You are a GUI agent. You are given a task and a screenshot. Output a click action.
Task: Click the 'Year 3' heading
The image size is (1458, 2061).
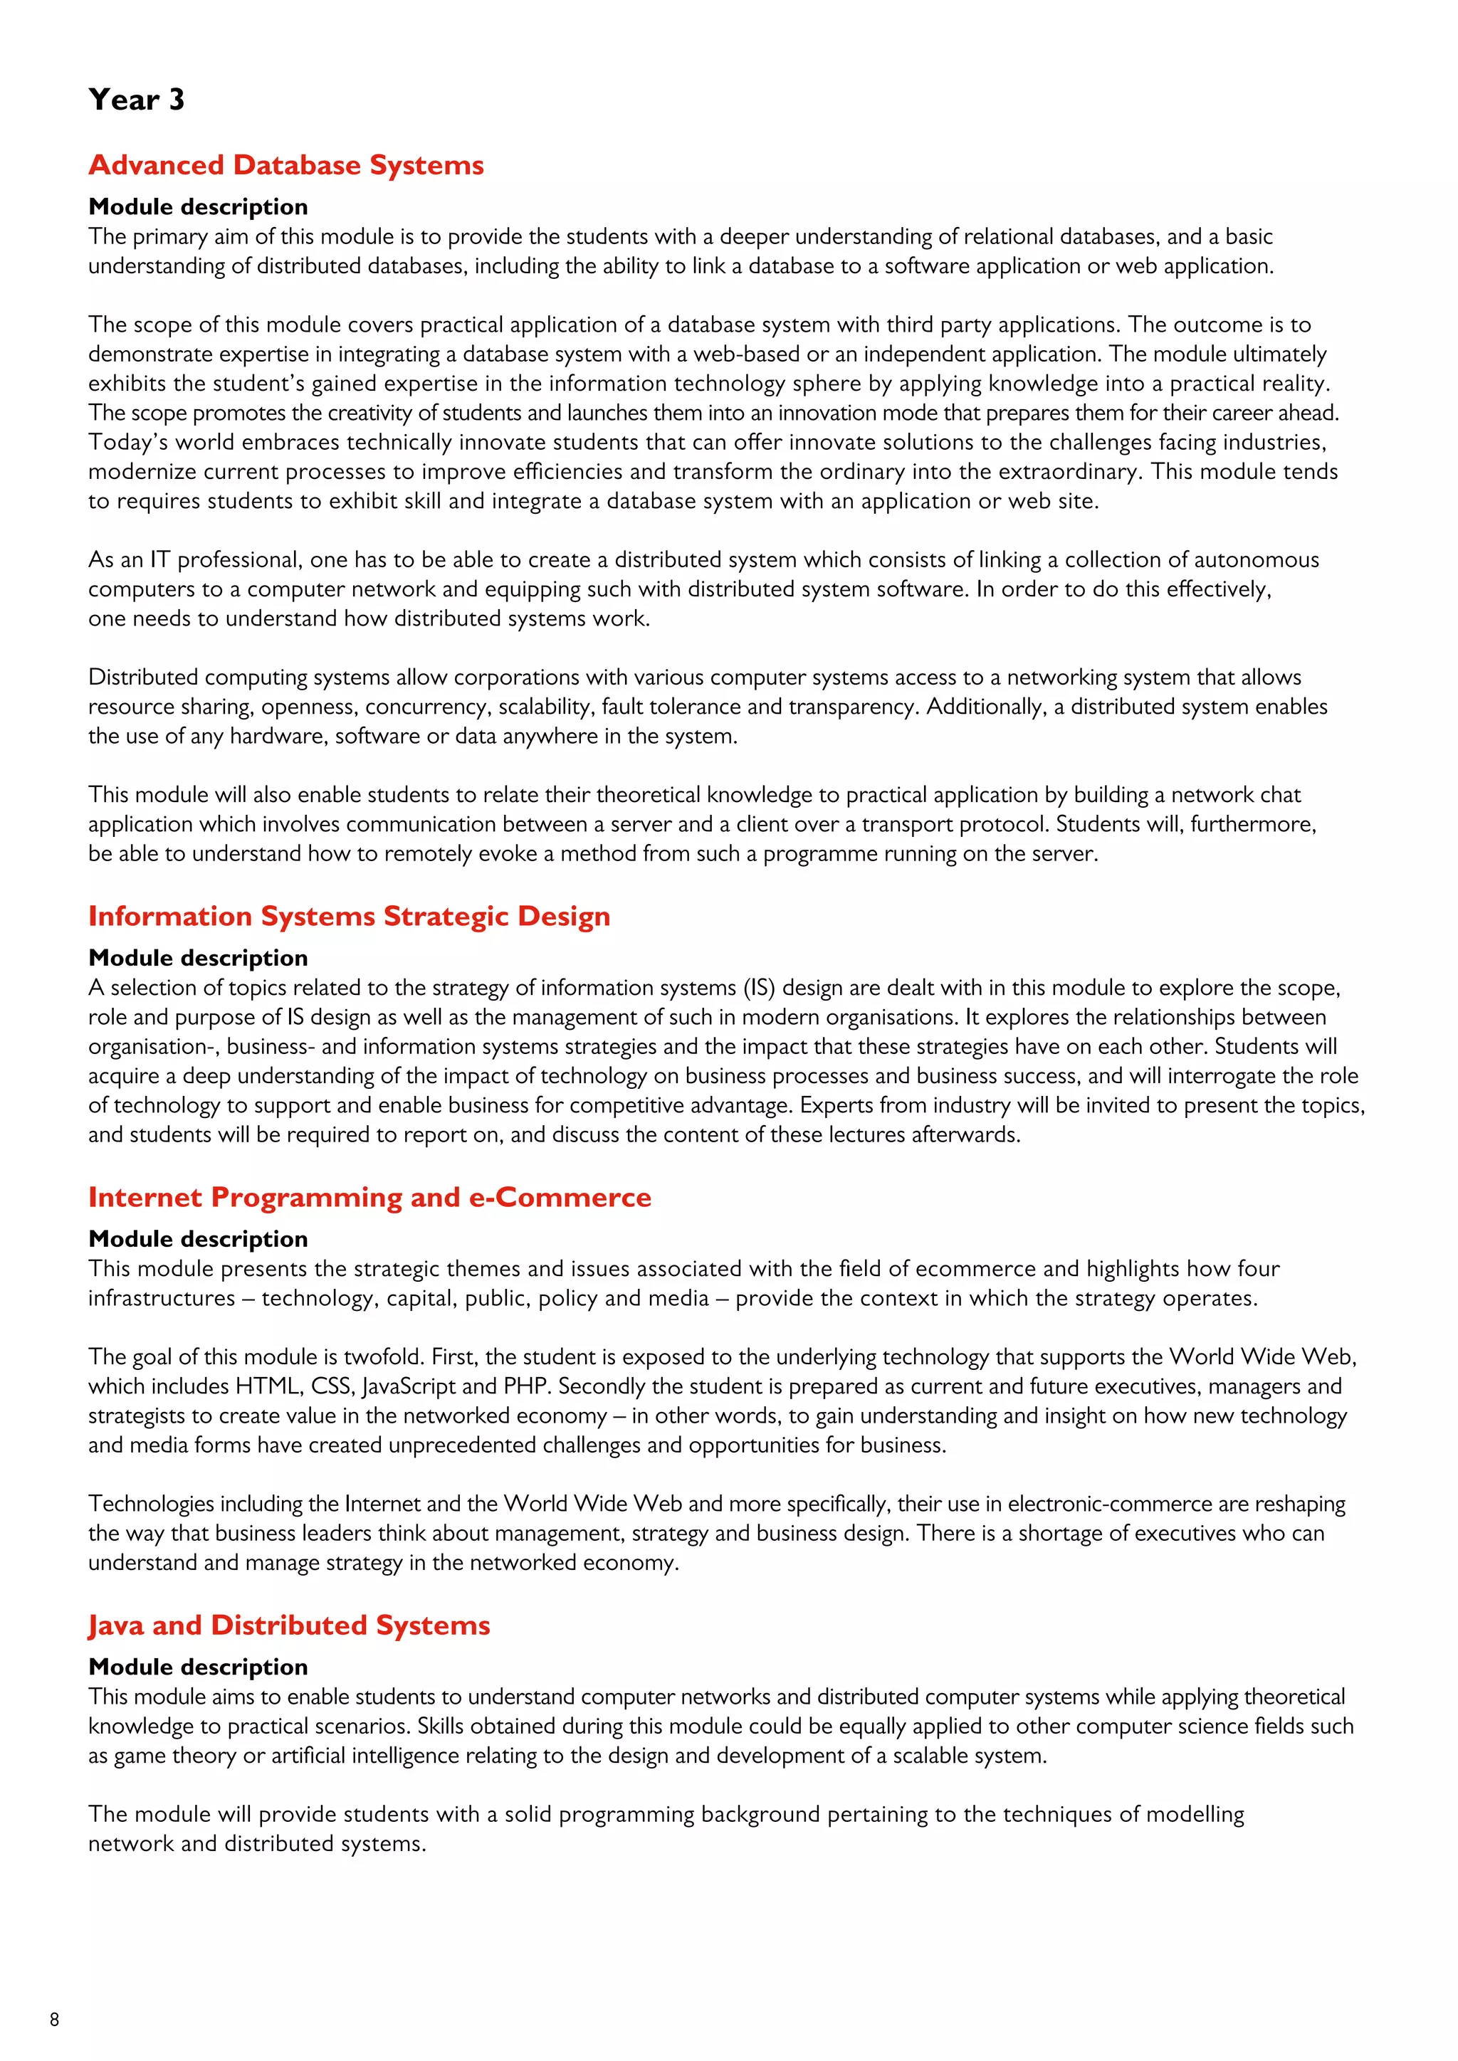click(137, 100)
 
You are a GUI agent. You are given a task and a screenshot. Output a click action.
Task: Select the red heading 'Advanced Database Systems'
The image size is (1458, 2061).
click(285, 165)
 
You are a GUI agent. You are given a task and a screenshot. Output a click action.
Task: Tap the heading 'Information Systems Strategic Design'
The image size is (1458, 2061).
click(350, 917)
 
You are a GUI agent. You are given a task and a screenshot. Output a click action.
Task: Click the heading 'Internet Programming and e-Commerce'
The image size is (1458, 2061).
click(369, 1198)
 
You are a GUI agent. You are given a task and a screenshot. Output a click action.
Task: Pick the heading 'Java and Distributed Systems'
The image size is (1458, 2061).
click(288, 1625)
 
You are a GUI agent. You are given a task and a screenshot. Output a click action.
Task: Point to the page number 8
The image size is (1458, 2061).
click(55, 2020)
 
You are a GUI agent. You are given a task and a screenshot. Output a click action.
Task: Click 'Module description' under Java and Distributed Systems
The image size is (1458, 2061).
click(197, 1667)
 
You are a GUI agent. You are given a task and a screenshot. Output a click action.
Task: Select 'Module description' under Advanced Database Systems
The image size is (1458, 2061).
click(197, 207)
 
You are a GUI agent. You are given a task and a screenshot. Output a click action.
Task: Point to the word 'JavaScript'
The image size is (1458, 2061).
click(409, 1387)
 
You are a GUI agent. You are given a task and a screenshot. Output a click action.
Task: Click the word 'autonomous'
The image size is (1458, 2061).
click(1255, 560)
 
